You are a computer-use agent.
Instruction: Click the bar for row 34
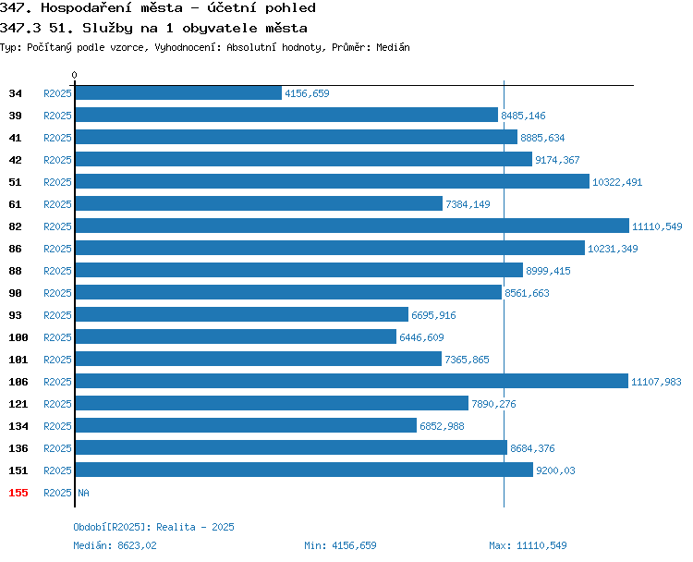178,92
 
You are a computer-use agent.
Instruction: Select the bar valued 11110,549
352,226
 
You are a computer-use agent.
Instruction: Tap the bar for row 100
236,337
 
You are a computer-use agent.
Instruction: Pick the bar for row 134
246,425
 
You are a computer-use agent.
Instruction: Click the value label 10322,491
617,182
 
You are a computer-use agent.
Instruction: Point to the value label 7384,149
468,204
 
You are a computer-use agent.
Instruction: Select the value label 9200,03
555,470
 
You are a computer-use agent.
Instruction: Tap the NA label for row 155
83,493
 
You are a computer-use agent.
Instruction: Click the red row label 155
18,493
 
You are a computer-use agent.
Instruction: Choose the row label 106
18,382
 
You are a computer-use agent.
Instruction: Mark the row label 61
15,204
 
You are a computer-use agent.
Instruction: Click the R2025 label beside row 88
57,271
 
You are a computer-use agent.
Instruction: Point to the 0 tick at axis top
74,75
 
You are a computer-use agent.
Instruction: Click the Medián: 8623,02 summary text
115,545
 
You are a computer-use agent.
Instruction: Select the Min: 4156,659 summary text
340,545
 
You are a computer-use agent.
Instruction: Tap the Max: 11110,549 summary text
528,545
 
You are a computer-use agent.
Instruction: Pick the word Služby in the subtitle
107,29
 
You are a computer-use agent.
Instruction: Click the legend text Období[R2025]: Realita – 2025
153,527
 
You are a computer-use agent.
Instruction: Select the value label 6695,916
433,315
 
